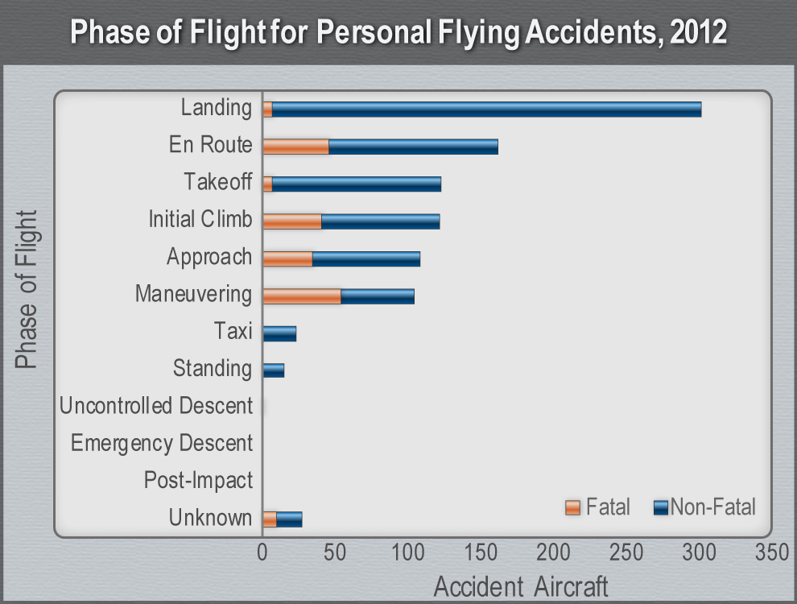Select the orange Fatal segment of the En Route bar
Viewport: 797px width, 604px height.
pyautogui.click(x=295, y=147)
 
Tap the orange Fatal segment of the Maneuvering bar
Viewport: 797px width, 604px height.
pyautogui.click(x=302, y=296)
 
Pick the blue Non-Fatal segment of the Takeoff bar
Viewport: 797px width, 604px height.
pyautogui.click(x=357, y=184)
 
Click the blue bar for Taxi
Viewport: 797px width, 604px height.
pyautogui.click(x=279, y=333)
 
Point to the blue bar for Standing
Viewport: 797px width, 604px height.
pyautogui.click(x=274, y=370)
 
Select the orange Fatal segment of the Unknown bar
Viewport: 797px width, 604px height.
pyautogui.click(x=270, y=519)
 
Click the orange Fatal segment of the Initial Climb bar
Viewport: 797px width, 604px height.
pyautogui.click(x=292, y=221)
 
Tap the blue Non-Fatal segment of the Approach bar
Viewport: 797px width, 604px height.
pyautogui.click(x=366, y=259)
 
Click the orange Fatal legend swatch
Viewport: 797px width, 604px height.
pyautogui.click(x=572, y=507)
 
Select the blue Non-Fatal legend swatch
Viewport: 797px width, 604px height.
pyautogui.click(x=661, y=507)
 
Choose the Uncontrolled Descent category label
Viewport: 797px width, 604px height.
pyautogui.click(x=156, y=406)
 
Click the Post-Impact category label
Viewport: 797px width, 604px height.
pyautogui.click(x=198, y=481)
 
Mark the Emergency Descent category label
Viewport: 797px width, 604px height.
pyautogui.click(x=162, y=443)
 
